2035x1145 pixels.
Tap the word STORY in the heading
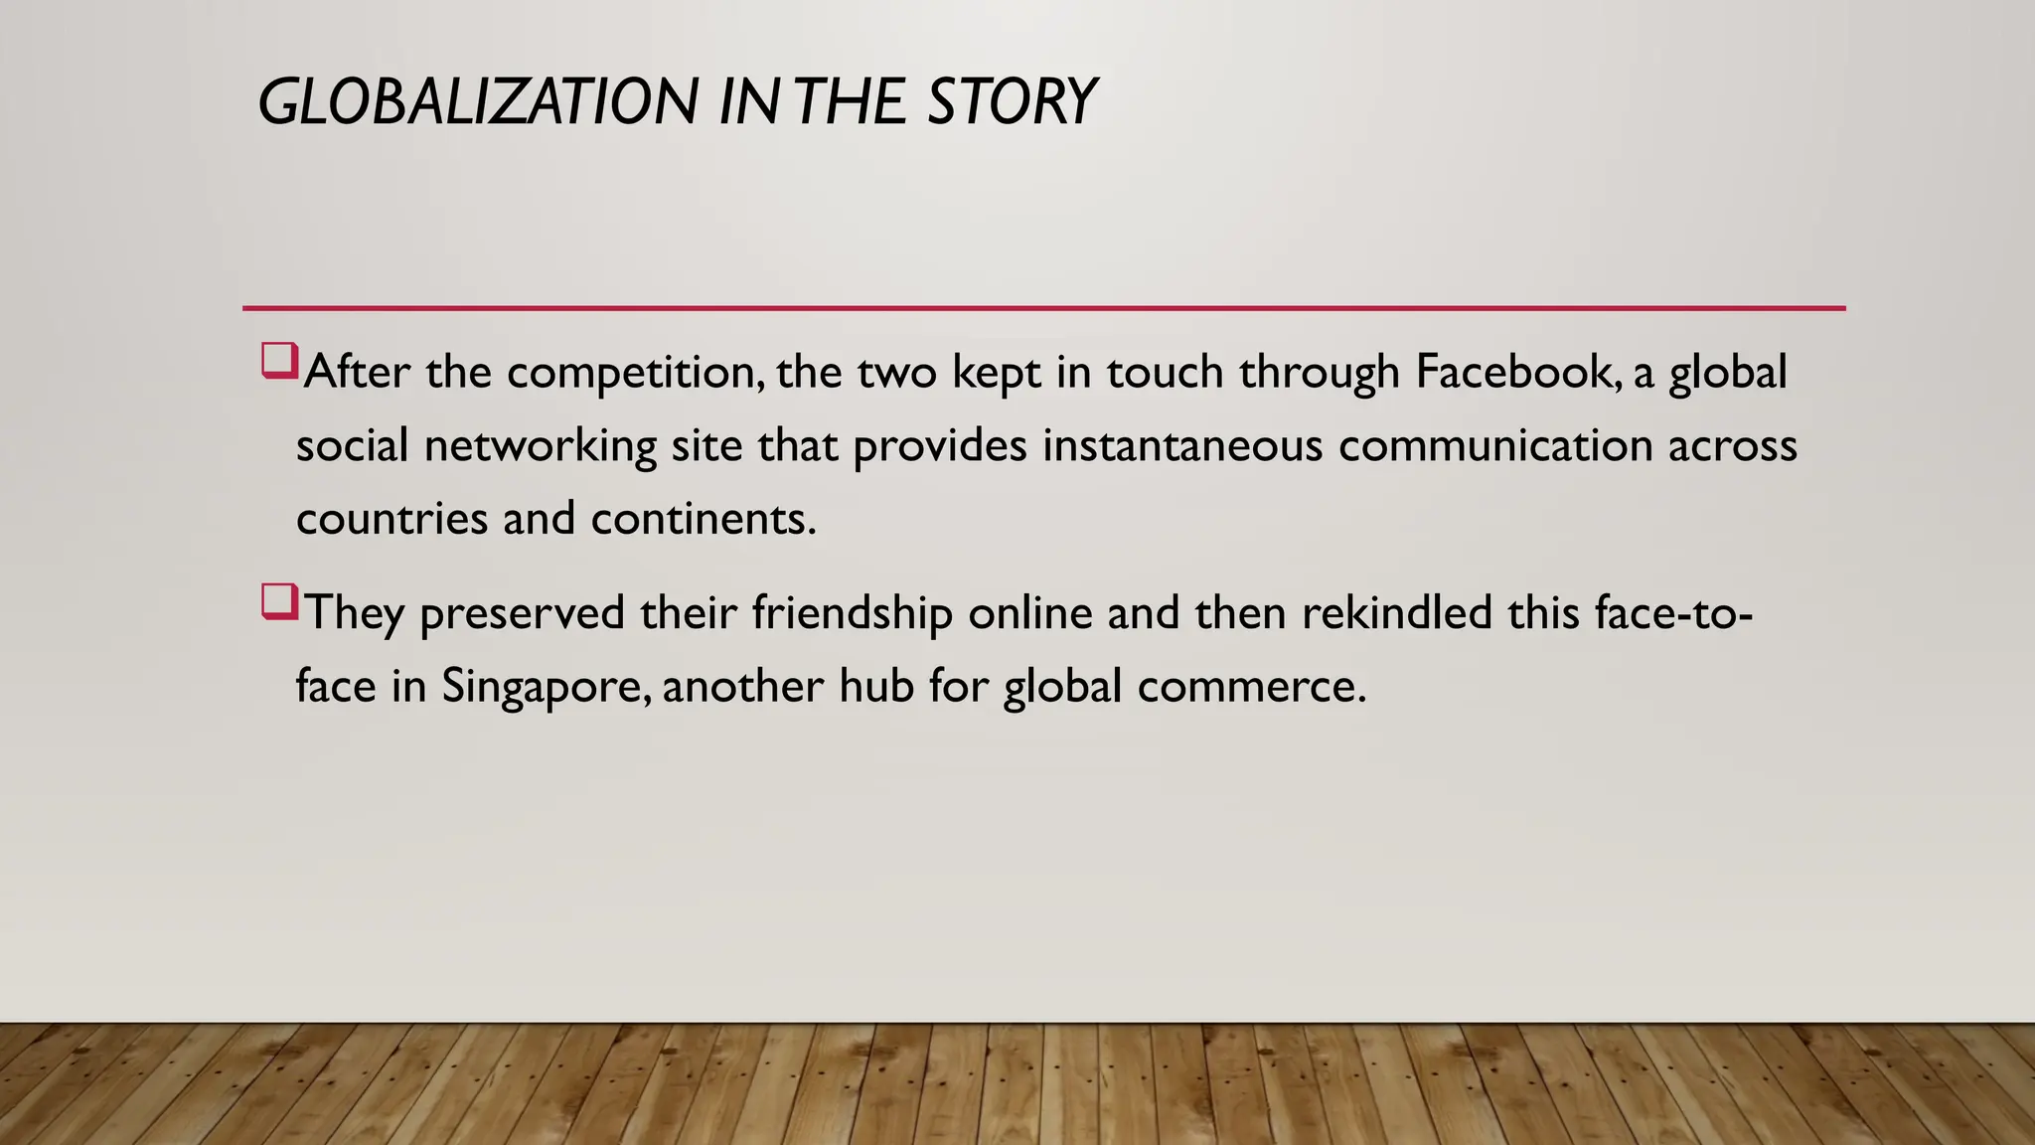[x=1011, y=102]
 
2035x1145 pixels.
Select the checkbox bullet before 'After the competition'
[x=279, y=361]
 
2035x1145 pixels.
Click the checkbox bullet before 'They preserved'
[x=279, y=602]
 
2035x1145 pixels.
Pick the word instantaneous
[x=1182, y=445]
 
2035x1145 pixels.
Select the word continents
[x=704, y=519]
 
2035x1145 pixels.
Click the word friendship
[x=852, y=613]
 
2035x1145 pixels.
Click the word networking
[x=540, y=446]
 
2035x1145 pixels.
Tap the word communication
[x=1495, y=445]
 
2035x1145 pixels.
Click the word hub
[x=876, y=686]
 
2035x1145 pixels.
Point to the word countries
[x=392, y=519]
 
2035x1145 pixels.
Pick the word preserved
[x=523, y=613]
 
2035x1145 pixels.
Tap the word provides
[x=940, y=446]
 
